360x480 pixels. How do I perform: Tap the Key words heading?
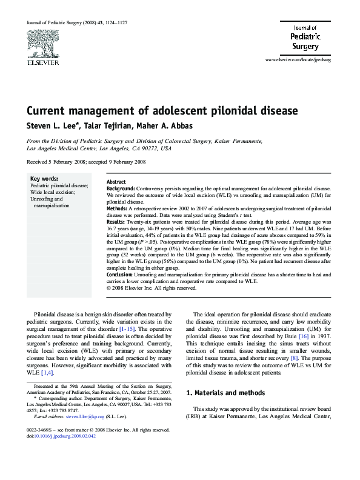[x=44, y=178]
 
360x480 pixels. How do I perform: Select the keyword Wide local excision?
[x=53, y=192]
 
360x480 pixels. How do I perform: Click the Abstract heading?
[x=116, y=182]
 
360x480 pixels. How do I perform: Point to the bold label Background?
[x=121, y=189]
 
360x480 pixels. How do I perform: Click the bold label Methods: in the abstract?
[x=118, y=208]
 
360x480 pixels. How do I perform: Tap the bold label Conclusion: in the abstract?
[x=121, y=275]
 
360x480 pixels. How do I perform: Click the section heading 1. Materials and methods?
[x=227, y=393]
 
